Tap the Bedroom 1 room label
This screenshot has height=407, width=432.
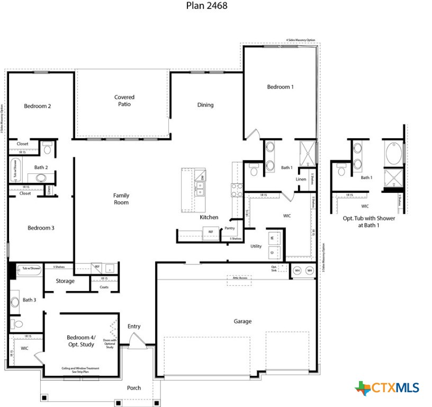pyautogui.click(x=280, y=87)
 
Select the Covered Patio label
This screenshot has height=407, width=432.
pyautogui.click(x=124, y=101)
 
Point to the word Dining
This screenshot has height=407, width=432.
pyautogui.click(x=205, y=105)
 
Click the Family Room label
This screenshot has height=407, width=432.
pyautogui.click(x=121, y=199)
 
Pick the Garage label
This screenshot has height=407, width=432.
pyautogui.click(x=242, y=321)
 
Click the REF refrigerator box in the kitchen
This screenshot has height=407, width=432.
pyautogui.click(x=210, y=232)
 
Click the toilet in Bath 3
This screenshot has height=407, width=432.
pyautogui.click(x=17, y=324)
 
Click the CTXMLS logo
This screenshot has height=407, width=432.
pyautogui.click(x=388, y=387)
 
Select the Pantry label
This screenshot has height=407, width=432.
pyautogui.click(x=229, y=228)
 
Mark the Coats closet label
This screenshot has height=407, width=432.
pyautogui.click(x=104, y=287)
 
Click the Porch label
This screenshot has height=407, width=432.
pyautogui.click(x=134, y=388)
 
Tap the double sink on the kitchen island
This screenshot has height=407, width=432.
pyautogui.click(x=200, y=188)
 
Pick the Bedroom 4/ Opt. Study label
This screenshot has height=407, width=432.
pyautogui.click(x=80, y=341)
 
